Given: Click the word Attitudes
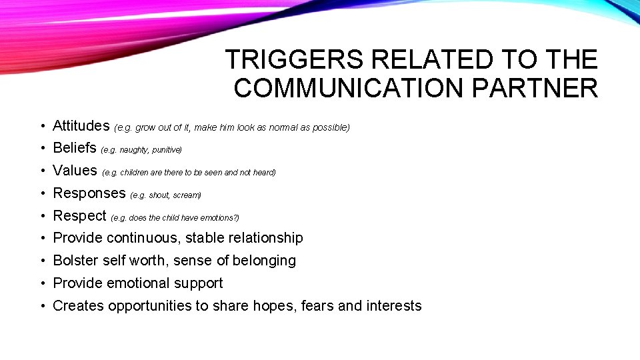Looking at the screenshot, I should point(81,125).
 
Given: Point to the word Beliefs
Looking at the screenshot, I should point(75,148).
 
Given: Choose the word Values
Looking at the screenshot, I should point(75,171).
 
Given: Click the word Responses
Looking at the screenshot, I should point(89,193).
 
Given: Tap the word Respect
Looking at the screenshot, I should point(79,216).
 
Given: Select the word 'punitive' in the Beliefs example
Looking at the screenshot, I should point(166,150).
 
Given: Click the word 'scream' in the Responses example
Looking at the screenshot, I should point(186,195).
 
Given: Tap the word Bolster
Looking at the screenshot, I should point(75,261).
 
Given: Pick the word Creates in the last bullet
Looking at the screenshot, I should point(78,306).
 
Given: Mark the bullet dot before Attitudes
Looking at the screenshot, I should point(41,126).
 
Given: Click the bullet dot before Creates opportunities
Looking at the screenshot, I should point(41,307).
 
